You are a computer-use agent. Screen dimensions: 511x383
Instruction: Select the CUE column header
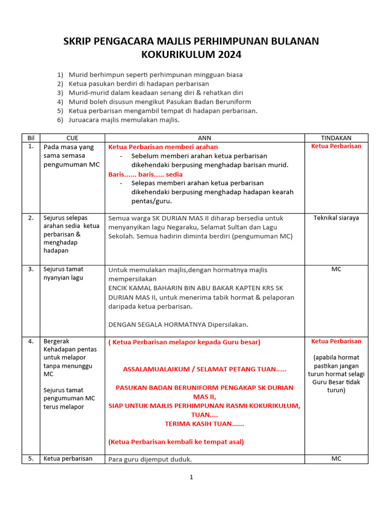pos(72,138)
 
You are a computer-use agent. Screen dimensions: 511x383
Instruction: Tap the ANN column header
pos(204,138)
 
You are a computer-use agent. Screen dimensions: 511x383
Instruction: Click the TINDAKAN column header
pos(336,138)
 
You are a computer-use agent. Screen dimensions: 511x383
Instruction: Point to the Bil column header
pos(31,138)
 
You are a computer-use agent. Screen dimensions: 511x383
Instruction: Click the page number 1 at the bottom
pos(191,477)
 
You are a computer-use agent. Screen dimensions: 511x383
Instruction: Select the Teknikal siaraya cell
pos(336,218)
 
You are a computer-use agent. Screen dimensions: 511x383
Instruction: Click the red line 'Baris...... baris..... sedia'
pos(146,174)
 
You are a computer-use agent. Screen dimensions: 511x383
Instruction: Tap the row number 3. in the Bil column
pos(31,269)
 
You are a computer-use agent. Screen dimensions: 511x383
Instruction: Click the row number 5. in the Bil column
pos(31,459)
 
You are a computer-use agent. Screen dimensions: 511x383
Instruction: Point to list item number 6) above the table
pos(60,120)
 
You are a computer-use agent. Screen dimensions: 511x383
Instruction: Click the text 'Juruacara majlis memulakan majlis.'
pos(124,120)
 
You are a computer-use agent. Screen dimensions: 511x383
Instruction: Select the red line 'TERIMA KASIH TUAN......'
pos(204,424)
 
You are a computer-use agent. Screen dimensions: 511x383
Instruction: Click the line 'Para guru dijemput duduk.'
pos(150,459)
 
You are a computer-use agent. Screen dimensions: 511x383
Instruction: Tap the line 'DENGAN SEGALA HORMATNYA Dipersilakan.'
pos(178,324)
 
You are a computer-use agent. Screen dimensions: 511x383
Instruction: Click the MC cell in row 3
pos(336,269)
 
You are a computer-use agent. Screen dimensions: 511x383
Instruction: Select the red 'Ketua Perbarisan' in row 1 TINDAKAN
pos(336,146)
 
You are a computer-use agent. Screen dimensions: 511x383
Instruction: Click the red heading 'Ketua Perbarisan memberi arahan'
pos(163,147)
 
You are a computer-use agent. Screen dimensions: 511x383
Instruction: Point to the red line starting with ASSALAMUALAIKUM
pos(204,369)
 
